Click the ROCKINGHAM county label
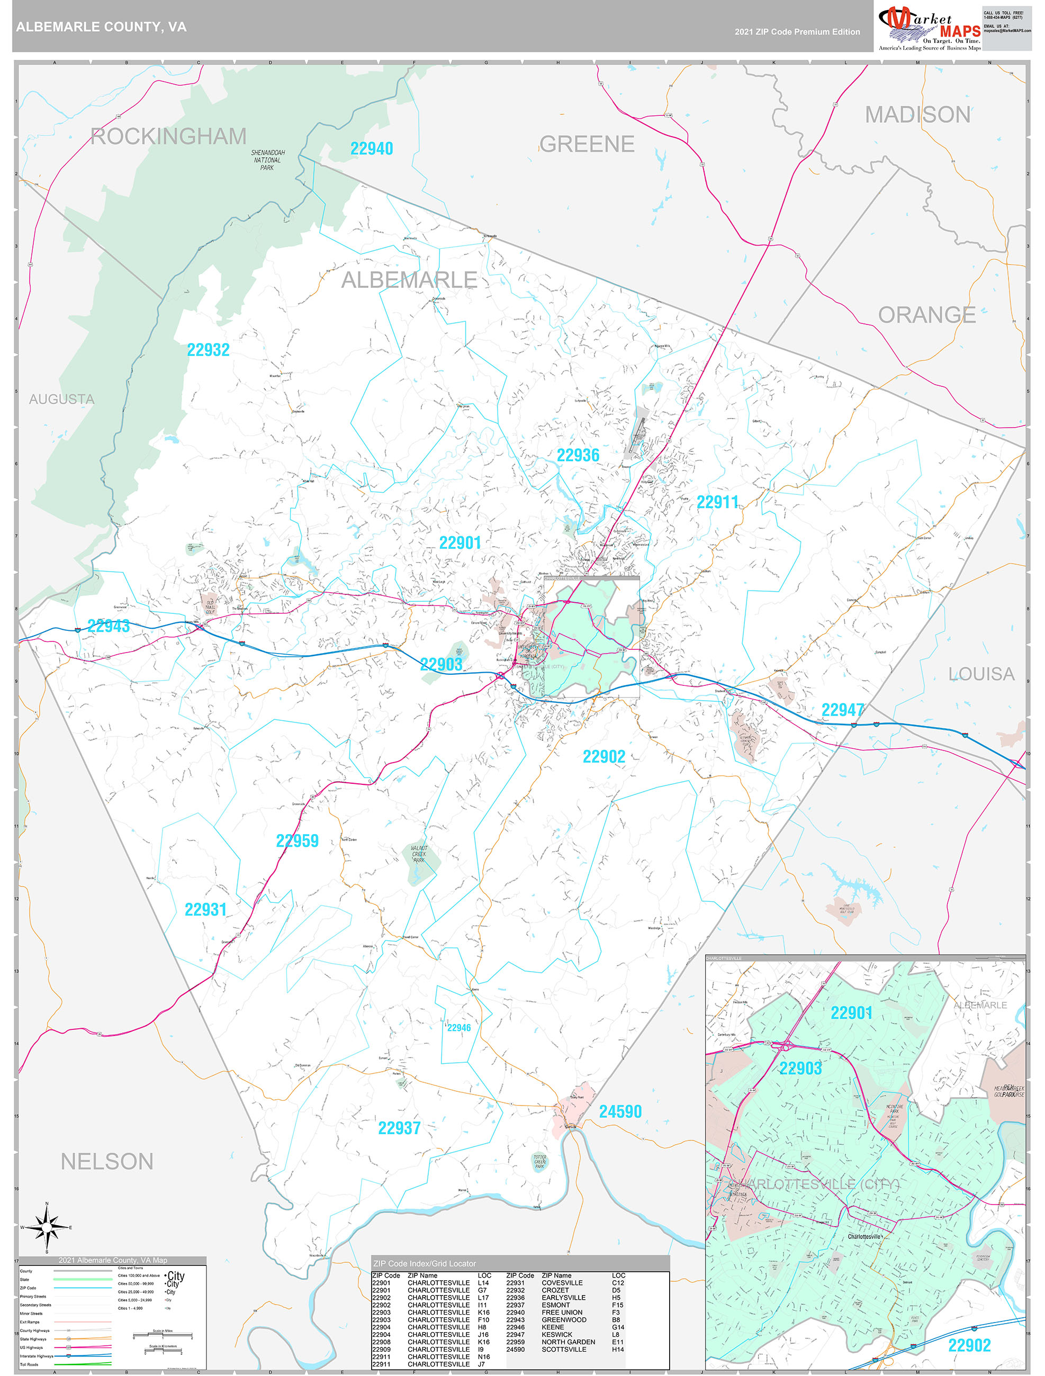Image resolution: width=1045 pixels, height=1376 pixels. [169, 136]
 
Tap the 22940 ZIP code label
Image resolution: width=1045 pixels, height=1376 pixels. [372, 149]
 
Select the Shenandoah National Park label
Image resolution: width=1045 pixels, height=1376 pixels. [268, 160]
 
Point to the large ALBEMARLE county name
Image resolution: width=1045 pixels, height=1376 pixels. [409, 280]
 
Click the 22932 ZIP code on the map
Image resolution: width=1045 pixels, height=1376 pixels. [209, 350]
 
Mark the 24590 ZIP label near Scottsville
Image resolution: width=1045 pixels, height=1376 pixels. [620, 1111]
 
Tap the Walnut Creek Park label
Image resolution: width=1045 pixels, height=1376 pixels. [419, 854]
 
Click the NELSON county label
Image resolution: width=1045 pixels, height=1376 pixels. [107, 1161]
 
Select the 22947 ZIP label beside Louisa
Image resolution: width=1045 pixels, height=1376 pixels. [843, 710]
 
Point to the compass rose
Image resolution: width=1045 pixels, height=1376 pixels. [47, 1227]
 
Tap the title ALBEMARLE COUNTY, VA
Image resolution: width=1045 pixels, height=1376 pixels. [101, 27]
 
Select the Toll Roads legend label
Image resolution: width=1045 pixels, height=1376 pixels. [29, 1364]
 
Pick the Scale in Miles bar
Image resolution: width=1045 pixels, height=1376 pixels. [163, 1335]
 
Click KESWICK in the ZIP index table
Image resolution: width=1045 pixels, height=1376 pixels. [556, 1334]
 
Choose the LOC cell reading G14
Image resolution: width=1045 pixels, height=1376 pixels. [617, 1327]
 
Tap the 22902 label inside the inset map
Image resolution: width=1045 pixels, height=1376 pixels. [969, 1345]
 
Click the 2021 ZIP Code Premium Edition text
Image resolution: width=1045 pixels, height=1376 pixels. [797, 32]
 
